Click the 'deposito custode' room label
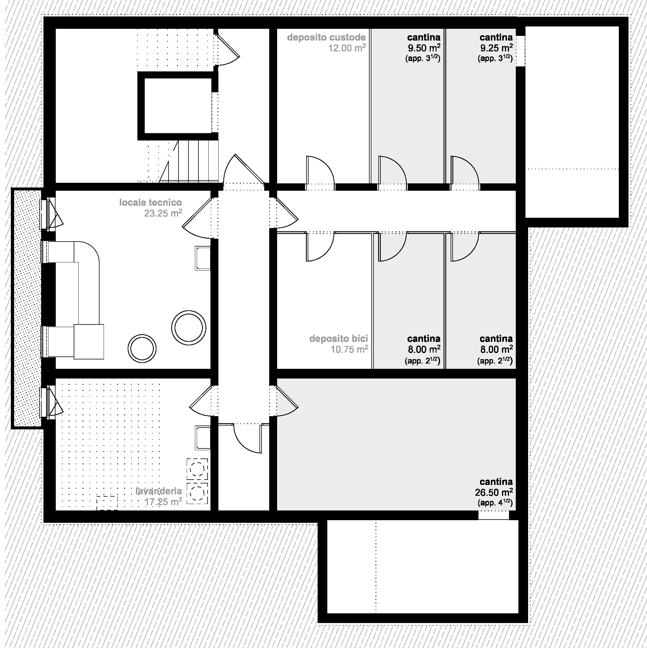pyautogui.click(x=326, y=37)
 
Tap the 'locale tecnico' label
pyautogui.click(x=150, y=202)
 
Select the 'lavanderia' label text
pyautogui.click(x=159, y=491)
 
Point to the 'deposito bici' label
pyautogui.click(x=338, y=339)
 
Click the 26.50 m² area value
pyautogui.click(x=493, y=492)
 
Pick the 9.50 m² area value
pyautogui.click(x=424, y=48)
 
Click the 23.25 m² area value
pyautogui.click(x=163, y=213)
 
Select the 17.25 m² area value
pyautogui.click(x=163, y=502)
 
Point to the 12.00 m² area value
pyautogui.click(x=347, y=48)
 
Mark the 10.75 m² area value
pyautogui.click(x=349, y=349)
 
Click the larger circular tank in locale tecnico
pyautogui.click(x=189, y=327)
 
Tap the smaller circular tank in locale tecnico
pyautogui.click(x=142, y=349)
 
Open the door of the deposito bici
pyautogui.click(x=320, y=247)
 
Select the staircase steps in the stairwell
pyautogui.click(x=189, y=161)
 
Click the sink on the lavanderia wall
pyautogui.click(x=202, y=438)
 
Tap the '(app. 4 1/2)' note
pyautogui.click(x=495, y=503)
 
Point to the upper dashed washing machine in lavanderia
pyautogui.click(x=197, y=469)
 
